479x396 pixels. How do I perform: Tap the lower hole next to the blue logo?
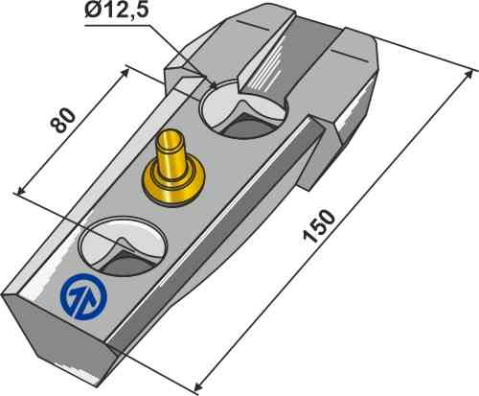121,245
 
